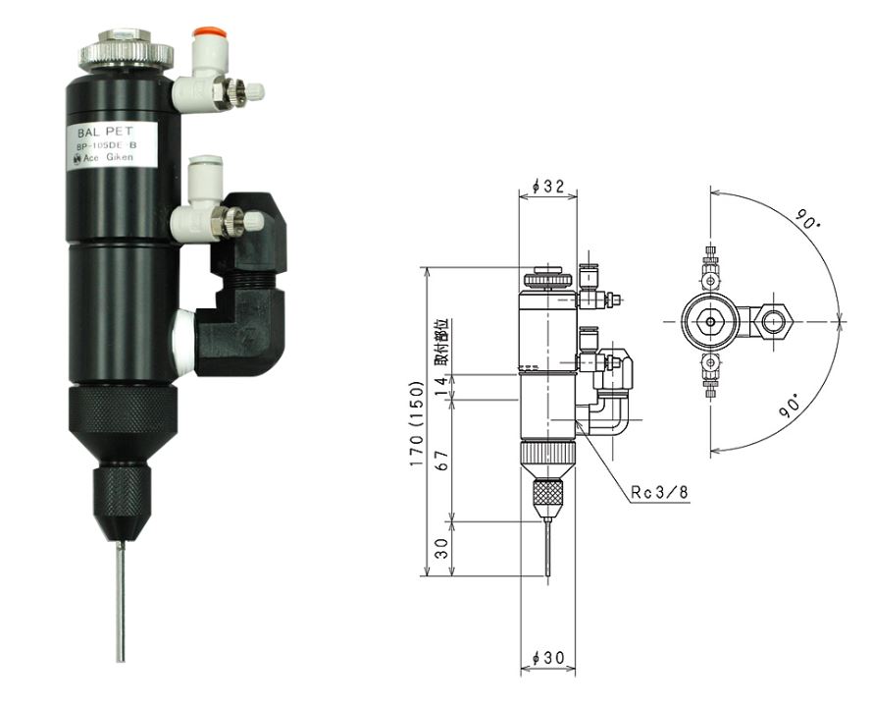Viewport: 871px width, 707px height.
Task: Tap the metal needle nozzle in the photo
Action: (120, 598)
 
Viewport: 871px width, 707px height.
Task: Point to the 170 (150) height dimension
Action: (418, 425)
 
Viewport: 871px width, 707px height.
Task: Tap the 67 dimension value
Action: (441, 461)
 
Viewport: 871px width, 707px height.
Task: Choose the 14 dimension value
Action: (441, 388)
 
